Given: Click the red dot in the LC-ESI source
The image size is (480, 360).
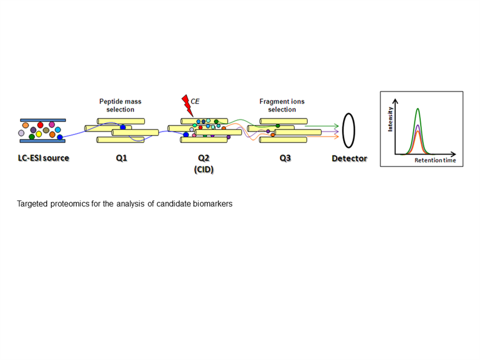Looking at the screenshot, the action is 40,125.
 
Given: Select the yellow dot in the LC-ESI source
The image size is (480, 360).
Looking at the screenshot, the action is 39,134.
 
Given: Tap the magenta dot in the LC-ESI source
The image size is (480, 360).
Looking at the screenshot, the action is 52,125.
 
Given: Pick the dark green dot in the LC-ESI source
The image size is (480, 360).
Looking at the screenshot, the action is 32,137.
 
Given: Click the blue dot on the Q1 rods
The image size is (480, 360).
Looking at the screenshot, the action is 123,127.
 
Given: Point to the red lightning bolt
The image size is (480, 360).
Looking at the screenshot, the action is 187,105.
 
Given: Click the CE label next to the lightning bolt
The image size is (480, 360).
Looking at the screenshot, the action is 195,101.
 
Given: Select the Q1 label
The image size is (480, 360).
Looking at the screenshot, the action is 121,158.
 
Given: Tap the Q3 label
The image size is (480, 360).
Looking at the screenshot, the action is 285,158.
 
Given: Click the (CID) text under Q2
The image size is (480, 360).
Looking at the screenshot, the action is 204,170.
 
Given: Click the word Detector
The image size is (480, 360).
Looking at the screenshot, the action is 349,158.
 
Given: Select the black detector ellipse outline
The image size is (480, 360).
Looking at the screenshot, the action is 342,131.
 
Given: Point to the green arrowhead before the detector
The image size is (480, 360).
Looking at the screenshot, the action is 337,126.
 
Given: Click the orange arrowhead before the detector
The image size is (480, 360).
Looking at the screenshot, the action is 337,137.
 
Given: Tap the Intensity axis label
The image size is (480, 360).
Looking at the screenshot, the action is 390,119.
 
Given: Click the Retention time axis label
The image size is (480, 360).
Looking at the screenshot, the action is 435,160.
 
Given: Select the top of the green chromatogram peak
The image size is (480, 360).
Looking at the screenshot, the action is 418,108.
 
